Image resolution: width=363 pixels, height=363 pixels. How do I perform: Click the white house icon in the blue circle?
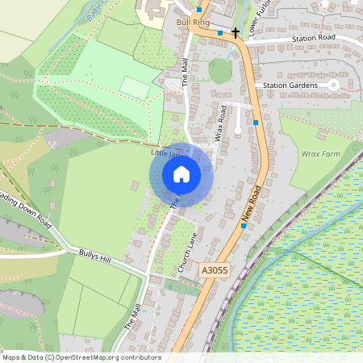click(x=181, y=174)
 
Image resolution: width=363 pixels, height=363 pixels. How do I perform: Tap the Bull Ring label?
click(x=192, y=23)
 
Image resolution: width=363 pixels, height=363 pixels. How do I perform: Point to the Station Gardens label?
click(x=291, y=85)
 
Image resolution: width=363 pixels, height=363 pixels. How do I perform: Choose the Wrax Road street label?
click(x=219, y=123)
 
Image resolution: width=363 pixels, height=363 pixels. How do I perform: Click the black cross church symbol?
click(x=236, y=33)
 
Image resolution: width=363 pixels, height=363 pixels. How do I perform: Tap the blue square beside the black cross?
click(x=219, y=33)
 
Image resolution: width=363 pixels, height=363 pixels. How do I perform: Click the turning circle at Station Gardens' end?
click(x=332, y=85)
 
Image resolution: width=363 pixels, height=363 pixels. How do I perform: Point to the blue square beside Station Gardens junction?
click(x=256, y=123)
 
